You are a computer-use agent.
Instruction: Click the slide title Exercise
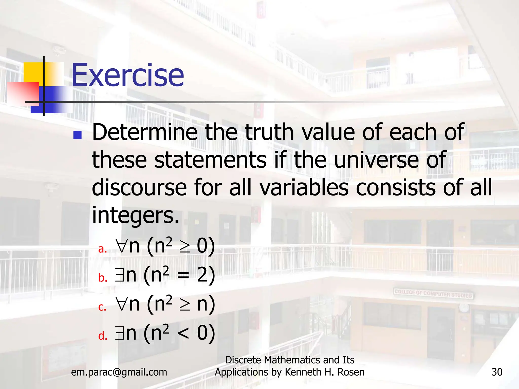128,75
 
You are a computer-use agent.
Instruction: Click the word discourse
139,188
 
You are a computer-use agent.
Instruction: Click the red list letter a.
102,249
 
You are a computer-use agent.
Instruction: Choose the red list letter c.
102,307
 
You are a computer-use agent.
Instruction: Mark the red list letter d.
103,336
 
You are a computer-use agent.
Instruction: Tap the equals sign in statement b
183,276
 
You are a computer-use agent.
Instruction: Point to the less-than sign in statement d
183,334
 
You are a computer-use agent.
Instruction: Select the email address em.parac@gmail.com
119,372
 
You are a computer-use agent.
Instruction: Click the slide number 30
497,372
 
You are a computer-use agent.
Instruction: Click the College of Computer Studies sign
433,294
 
